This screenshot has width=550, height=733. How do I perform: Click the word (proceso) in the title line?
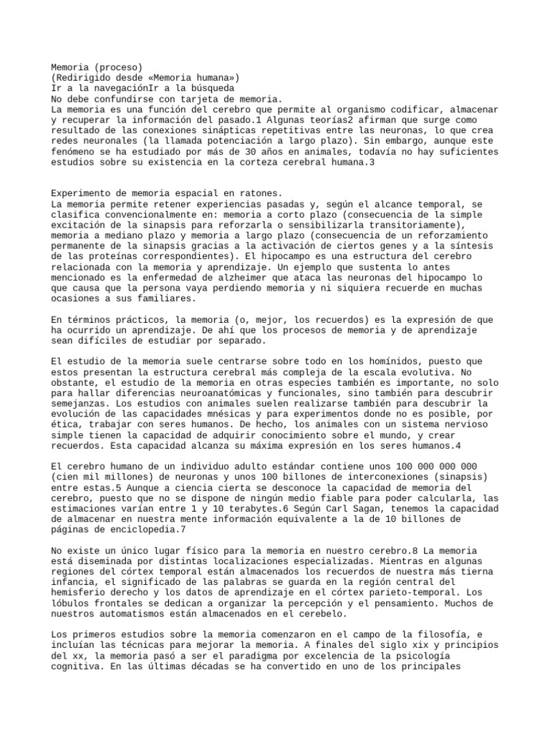tap(117, 67)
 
